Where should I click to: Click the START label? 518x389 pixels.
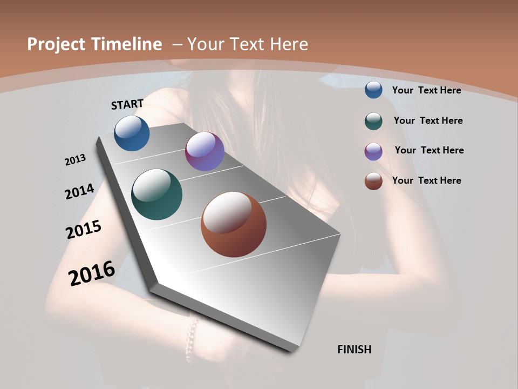(127, 104)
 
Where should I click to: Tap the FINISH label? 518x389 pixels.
(355, 350)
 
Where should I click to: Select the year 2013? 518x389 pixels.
(76, 160)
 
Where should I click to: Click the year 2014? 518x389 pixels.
(80, 192)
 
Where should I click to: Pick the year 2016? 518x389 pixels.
(92, 273)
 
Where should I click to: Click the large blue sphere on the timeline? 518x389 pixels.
(132, 133)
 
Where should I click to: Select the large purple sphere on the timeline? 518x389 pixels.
(205, 151)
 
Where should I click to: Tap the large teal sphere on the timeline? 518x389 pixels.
(156, 194)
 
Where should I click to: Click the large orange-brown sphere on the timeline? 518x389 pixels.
(234, 224)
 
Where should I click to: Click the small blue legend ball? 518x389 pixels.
(373, 90)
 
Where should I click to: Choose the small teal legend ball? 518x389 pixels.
(373, 121)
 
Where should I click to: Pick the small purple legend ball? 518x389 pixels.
(373, 151)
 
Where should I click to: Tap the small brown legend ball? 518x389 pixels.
(373, 181)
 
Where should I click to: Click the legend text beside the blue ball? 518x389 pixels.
(426, 90)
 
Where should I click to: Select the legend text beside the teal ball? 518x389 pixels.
(428, 120)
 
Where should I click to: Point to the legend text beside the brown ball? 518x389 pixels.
(426, 180)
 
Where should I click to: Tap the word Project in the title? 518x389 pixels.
(56, 44)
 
